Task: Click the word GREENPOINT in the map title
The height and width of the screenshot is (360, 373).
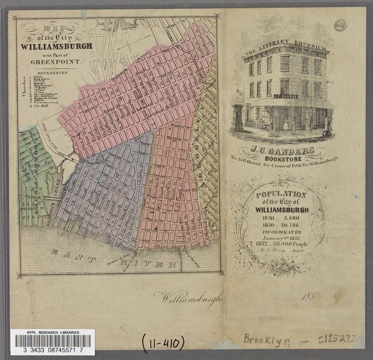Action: pos(53,62)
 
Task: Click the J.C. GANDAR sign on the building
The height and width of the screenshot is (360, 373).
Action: pos(285,96)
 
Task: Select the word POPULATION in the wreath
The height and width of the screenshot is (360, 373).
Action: pos(281,195)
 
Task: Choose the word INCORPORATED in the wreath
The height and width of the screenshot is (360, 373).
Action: pos(281,232)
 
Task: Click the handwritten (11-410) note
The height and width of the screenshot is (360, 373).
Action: pos(163,343)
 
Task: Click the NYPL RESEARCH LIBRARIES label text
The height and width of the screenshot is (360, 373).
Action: pos(53,332)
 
